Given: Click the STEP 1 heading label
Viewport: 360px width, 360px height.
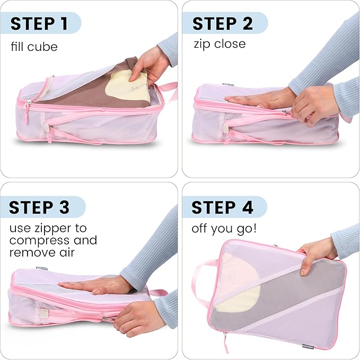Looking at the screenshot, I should tap(39, 24).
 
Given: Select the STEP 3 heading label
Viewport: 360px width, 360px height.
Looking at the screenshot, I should tap(39, 207).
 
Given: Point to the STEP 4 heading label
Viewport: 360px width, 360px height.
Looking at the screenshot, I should tap(223, 207).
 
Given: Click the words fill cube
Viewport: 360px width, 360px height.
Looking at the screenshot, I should tap(34, 47).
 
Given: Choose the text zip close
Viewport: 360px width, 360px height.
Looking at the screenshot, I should tap(219, 43).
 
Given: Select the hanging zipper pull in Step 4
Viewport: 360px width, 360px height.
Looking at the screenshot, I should tap(226, 343).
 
